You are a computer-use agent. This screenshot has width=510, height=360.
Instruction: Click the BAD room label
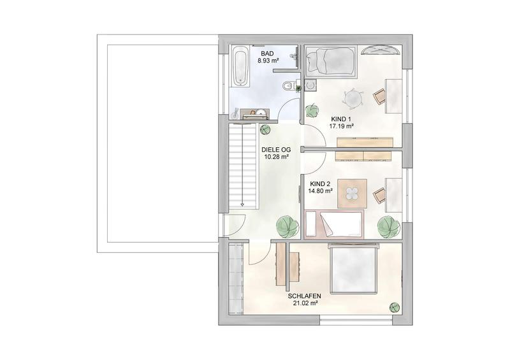[267, 54]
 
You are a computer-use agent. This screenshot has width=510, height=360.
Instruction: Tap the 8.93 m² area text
[268, 61]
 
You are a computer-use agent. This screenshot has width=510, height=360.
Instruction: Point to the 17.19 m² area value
[342, 126]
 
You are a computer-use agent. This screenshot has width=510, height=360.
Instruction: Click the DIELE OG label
[276, 150]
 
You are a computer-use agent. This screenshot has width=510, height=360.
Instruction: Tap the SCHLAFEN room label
[305, 296]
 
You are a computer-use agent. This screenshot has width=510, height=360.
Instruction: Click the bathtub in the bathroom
[240, 66]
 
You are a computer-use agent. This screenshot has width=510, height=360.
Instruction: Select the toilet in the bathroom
[289, 86]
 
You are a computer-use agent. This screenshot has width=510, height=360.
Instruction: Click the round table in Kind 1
[353, 98]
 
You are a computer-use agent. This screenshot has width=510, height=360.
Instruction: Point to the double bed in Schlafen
[354, 269]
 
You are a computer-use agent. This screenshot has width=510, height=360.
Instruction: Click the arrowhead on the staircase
[242, 205]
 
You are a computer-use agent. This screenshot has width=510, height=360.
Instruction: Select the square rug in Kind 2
[353, 194]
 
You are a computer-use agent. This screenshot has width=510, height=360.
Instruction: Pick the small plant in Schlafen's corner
[395, 307]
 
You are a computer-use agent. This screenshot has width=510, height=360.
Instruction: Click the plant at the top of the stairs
[265, 129]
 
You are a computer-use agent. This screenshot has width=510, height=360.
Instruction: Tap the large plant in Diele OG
[288, 226]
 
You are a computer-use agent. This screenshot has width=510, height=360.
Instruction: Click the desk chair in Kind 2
[379, 196]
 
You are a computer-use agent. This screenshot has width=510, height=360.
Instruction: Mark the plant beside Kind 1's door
[312, 110]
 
